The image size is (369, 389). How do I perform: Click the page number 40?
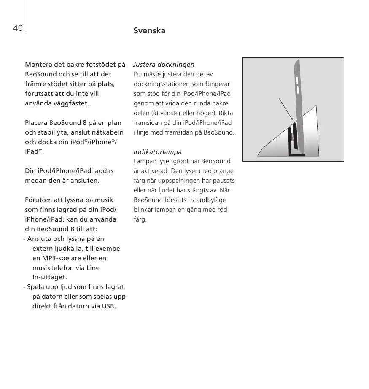coord(17,28)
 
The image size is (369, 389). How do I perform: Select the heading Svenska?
coord(149,31)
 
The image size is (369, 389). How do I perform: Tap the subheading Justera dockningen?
coord(164,65)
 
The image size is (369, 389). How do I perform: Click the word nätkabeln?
coord(108,132)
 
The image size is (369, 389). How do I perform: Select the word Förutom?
coord(38,200)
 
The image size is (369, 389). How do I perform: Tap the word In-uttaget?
coord(50,277)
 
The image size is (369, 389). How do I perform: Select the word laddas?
coord(103,171)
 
